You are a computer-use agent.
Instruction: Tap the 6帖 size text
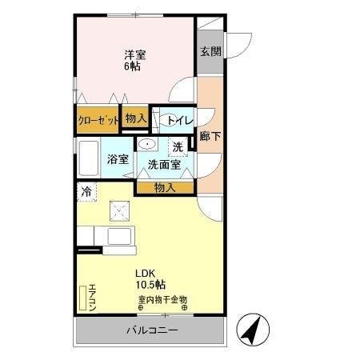tap(132, 66)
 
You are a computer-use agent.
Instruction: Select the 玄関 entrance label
tap(210, 51)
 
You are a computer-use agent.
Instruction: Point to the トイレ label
tap(177, 120)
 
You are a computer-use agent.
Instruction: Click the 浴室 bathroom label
tap(118, 158)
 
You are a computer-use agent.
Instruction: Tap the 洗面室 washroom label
tap(163, 164)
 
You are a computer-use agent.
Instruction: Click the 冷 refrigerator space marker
tap(85, 191)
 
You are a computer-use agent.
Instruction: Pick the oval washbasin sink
tap(147, 144)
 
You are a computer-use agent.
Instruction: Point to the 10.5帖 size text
tap(150, 284)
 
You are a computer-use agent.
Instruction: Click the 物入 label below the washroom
tap(165, 187)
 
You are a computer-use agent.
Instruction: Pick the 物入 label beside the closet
tap(136, 118)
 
